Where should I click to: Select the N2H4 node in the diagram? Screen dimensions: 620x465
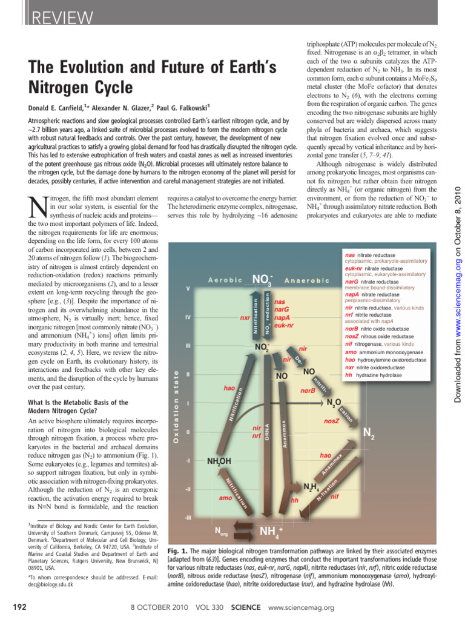[311, 487]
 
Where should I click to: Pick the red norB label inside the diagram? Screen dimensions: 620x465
[308, 391]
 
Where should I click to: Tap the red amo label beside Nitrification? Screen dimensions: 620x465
[225, 498]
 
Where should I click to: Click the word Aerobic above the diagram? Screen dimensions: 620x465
[225, 280]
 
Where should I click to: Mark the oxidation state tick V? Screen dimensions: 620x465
[188, 288]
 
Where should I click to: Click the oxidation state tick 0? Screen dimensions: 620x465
[188, 432]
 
